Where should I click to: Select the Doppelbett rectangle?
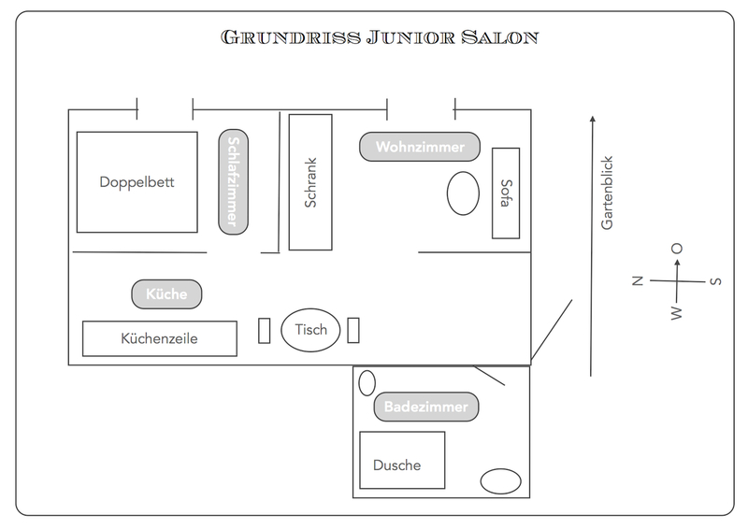(x=137, y=182)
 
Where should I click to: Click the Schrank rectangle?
(x=311, y=182)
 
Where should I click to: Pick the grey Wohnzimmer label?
(x=420, y=147)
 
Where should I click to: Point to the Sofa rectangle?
(x=506, y=193)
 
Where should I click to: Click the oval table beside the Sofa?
(x=460, y=194)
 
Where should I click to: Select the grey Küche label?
(x=166, y=293)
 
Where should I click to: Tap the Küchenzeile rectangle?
(x=160, y=338)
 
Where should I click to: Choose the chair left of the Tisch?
(x=264, y=330)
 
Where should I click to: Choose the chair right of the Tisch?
(x=353, y=330)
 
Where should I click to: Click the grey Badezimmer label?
(x=426, y=407)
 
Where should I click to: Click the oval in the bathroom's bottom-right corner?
(x=500, y=481)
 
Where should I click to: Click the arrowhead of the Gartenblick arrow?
(x=591, y=119)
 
